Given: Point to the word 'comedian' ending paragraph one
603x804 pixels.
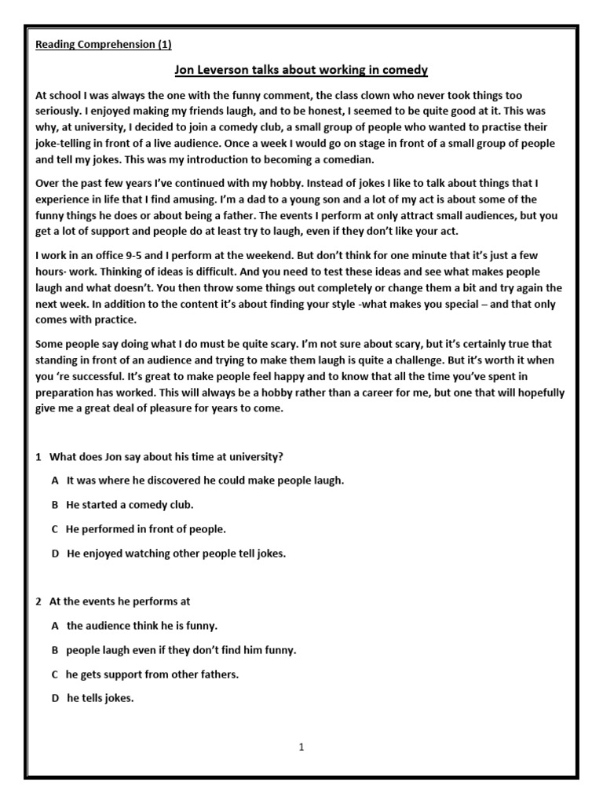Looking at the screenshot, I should (x=314, y=159).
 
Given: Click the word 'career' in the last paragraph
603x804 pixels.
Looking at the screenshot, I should (x=360, y=393).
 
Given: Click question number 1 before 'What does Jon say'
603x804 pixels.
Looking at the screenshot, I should (x=38, y=456).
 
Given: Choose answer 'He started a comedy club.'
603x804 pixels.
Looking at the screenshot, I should (x=130, y=504).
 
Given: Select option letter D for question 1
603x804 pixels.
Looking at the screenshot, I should (x=56, y=554).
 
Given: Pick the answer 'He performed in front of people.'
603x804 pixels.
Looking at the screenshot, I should (x=146, y=529).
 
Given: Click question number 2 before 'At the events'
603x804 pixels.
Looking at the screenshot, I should (x=38, y=601).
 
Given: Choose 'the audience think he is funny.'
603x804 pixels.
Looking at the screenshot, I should (x=142, y=626).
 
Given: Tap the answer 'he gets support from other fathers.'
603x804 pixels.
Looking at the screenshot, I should (x=152, y=674).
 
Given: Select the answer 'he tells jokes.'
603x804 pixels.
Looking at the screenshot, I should (x=100, y=699).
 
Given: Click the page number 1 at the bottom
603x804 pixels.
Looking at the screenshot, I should (x=301, y=747).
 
